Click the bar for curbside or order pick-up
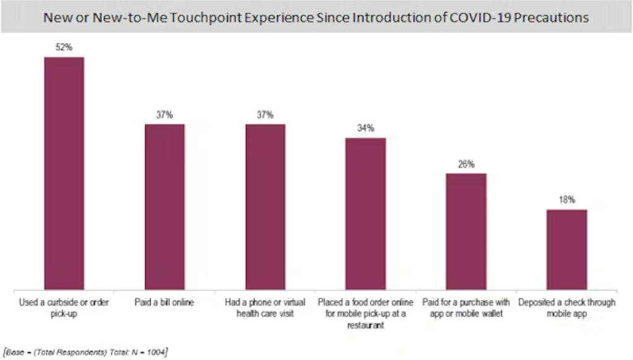pyautogui.click(x=64, y=173)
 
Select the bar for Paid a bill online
pyautogui.click(x=164, y=207)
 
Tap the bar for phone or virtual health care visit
pyautogui.click(x=265, y=207)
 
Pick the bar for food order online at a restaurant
pyautogui.click(x=365, y=213)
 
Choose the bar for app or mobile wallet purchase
pyautogui.click(x=466, y=231)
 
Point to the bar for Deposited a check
pyautogui.click(x=567, y=249)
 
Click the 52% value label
pyautogui.click(x=64, y=48)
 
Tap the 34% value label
pyautogui.click(x=365, y=129)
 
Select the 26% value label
pyautogui.click(x=466, y=165)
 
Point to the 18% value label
pyautogui.click(x=567, y=200)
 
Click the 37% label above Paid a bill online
pyautogui.click(x=164, y=115)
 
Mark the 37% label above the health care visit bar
pyautogui.click(x=265, y=115)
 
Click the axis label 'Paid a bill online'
pyautogui.click(x=164, y=303)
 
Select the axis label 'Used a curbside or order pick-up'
pyautogui.click(x=64, y=308)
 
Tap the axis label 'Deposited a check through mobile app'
pyautogui.click(x=567, y=308)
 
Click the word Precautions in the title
pyautogui.click(x=554, y=17)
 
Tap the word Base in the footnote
pyautogui.click(x=14, y=352)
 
